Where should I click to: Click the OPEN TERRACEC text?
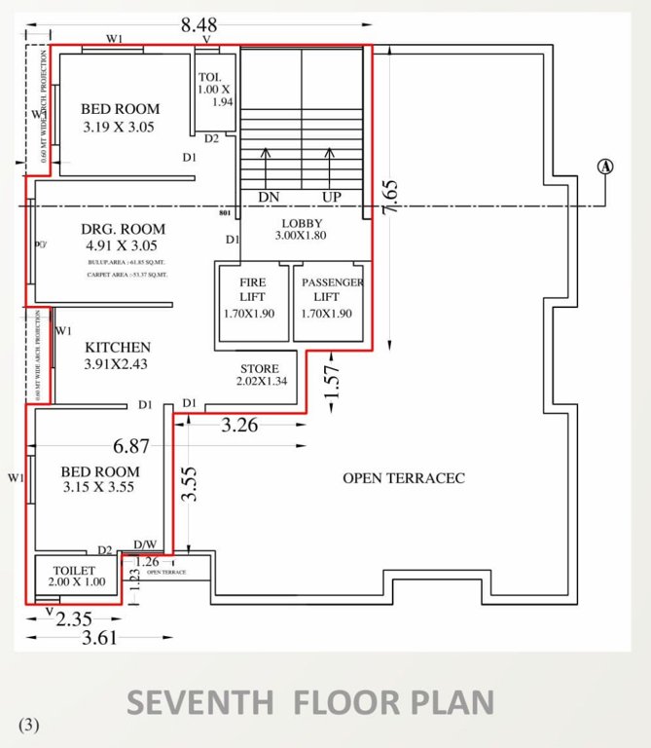click(x=404, y=478)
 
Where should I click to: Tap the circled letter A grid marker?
click(x=605, y=167)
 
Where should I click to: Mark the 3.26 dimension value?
click(x=239, y=426)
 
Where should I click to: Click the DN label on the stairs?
click(x=269, y=197)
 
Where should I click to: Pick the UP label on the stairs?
click(x=332, y=197)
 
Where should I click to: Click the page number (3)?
click(x=30, y=725)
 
